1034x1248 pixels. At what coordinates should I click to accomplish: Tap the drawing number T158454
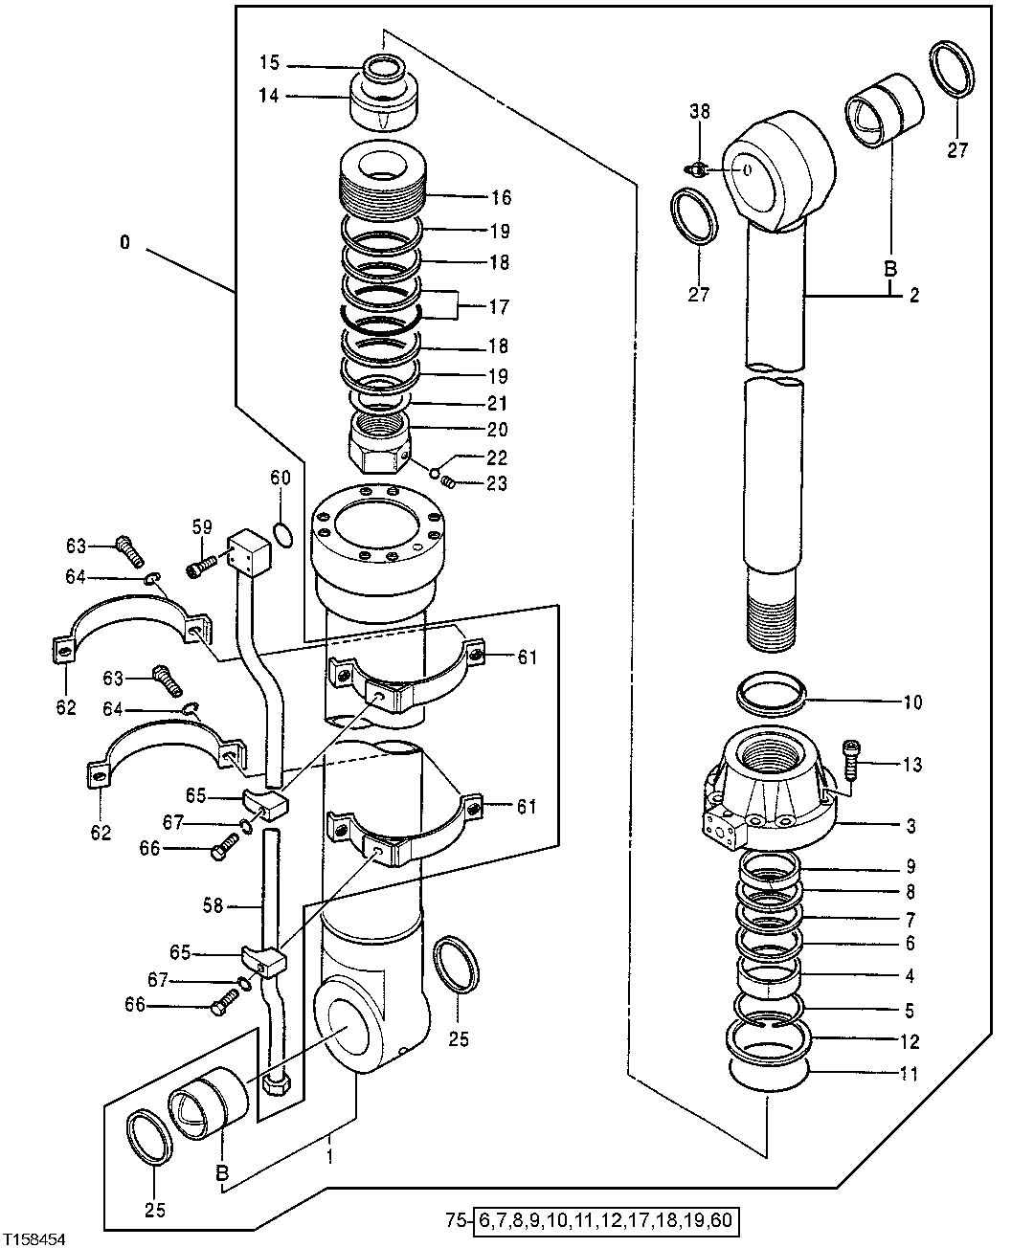pyautogui.click(x=36, y=1238)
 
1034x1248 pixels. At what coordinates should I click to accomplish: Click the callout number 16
pyautogui.click(x=501, y=198)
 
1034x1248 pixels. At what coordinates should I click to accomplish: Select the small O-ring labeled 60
pyautogui.click(x=283, y=534)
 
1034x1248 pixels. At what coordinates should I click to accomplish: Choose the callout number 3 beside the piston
pyautogui.click(x=910, y=825)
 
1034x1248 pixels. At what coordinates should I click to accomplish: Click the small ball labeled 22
pyautogui.click(x=435, y=472)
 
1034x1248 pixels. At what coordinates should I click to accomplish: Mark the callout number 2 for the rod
pyautogui.click(x=913, y=297)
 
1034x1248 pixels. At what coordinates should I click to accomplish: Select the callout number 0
pyautogui.click(x=125, y=243)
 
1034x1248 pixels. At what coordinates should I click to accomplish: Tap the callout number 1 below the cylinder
pyautogui.click(x=330, y=1156)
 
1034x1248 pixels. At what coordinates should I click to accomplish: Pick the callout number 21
pyautogui.click(x=498, y=404)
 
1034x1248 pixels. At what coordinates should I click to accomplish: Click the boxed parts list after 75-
pyautogui.click(x=609, y=1221)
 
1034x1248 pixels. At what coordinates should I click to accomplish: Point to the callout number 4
pyautogui.click(x=910, y=977)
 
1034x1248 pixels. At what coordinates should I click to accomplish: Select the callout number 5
pyautogui.click(x=910, y=1010)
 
